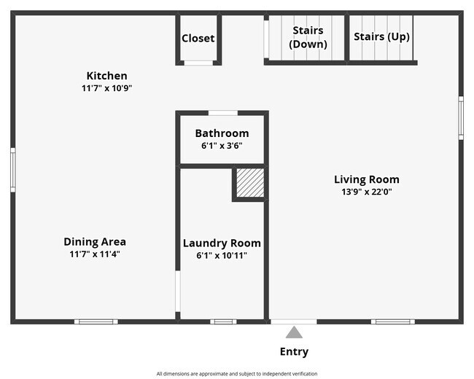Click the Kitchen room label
pos(106,76)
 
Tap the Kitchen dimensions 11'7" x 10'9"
pos(106,88)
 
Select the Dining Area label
pos(95,242)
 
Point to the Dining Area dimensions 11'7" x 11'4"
pos(95,254)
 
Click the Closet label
pos(198,39)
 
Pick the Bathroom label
pos(222,133)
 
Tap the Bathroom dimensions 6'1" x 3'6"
pos(222,146)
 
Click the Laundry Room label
pos(222,243)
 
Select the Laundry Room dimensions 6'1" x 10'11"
pos(222,256)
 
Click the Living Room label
pos(367,179)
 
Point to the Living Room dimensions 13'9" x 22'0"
pos(367,192)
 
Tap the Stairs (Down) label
pos(308,37)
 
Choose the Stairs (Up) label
pos(381,36)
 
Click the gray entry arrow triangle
pos(294,332)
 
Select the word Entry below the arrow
pos(294,352)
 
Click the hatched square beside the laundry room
pos(250,183)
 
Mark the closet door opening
pos(198,63)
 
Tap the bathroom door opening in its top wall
pos(223,113)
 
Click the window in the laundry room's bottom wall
pos(223,321)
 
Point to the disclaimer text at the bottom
pos(237,374)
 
